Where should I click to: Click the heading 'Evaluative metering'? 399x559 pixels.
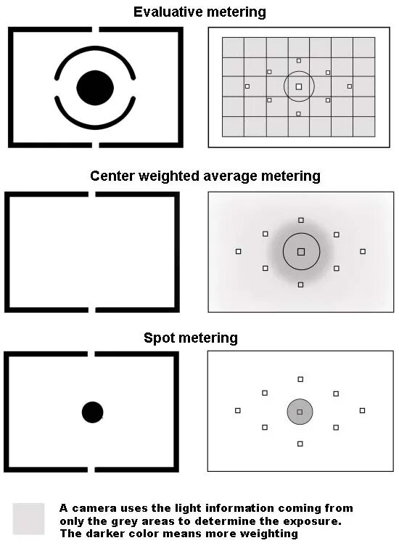(x=199, y=12)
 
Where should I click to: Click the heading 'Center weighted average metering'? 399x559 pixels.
(x=205, y=176)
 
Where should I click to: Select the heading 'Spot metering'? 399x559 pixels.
(x=190, y=338)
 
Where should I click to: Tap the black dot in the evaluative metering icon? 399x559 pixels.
(x=95, y=88)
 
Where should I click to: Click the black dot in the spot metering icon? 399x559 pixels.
(x=92, y=412)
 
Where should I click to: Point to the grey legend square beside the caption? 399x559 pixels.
(x=28, y=518)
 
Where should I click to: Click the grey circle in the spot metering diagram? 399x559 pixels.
(x=300, y=412)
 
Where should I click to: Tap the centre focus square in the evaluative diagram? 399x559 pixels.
(x=299, y=86)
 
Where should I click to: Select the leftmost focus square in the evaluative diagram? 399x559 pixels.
(x=247, y=86)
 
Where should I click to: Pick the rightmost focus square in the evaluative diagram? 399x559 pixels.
(x=350, y=86)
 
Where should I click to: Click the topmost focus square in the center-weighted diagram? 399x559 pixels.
(x=301, y=220)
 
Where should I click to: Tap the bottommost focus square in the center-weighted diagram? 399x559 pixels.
(x=301, y=284)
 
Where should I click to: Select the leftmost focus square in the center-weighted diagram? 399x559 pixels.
(x=239, y=251)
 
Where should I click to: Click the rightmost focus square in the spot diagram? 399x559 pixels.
(x=362, y=410)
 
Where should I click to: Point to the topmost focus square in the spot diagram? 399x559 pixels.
(x=300, y=379)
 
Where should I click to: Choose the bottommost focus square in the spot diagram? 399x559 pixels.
(x=300, y=443)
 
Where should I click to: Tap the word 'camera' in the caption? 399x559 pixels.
(x=92, y=508)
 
